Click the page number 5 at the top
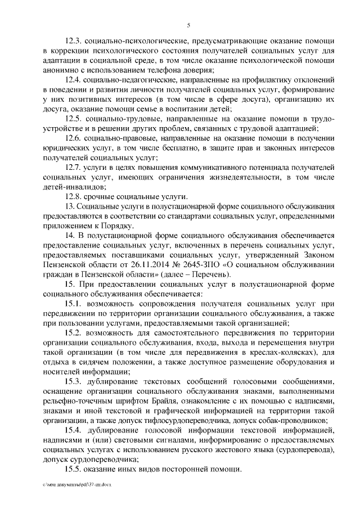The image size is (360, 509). click(190, 24)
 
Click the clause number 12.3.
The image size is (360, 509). click(75, 42)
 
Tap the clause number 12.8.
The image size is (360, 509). click(75, 196)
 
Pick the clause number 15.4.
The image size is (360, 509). click(75, 430)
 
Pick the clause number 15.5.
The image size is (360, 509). click(75, 470)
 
